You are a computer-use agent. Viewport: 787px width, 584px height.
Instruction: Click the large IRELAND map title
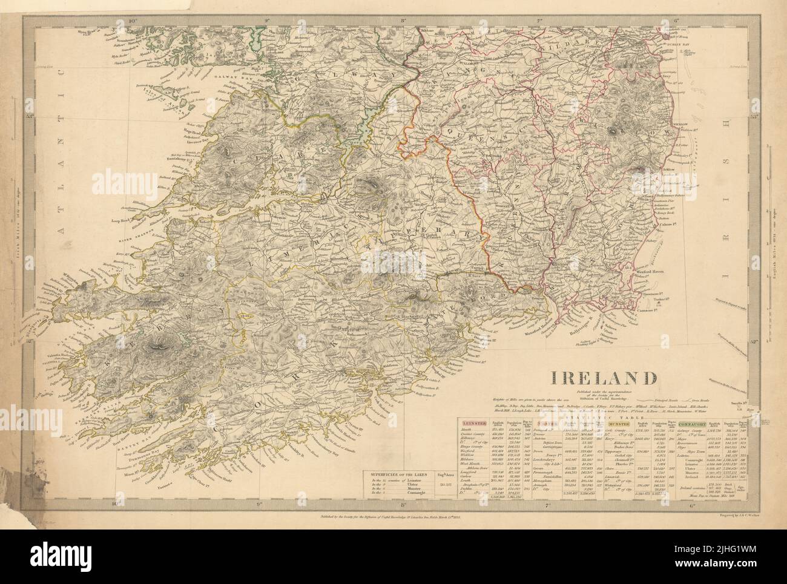604,378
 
